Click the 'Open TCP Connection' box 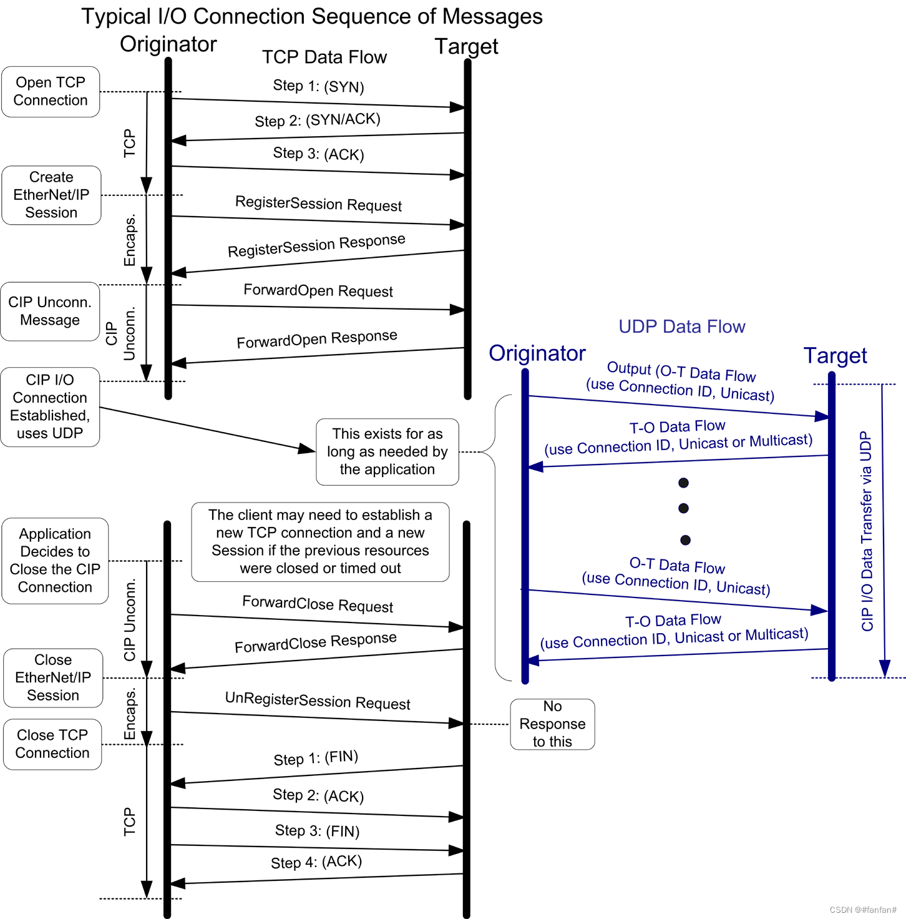[x=51, y=92]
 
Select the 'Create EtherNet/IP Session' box [x=51, y=195]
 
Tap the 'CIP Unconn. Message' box [x=50, y=311]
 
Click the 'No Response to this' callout [x=552, y=724]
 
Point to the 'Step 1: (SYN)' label [x=318, y=86]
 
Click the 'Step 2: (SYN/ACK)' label [x=318, y=120]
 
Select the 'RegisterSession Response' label [x=316, y=245]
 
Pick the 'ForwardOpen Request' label [x=318, y=290]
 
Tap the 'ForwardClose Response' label [x=316, y=642]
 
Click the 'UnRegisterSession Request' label [x=318, y=700]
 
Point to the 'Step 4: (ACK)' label [x=316, y=862]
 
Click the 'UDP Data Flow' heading [x=682, y=327]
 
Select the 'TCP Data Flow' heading [x=324, y=57]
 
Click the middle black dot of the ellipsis [x=684, y=508]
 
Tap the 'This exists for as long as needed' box [x=387, y=451]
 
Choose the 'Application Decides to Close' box [x=55, y=561]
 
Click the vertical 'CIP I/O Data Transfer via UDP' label [x=867, y=531]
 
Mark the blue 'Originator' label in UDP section [x=537, y=353]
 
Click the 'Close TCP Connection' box [x=52, y=744]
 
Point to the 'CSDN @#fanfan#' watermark [x=863, y=910]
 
